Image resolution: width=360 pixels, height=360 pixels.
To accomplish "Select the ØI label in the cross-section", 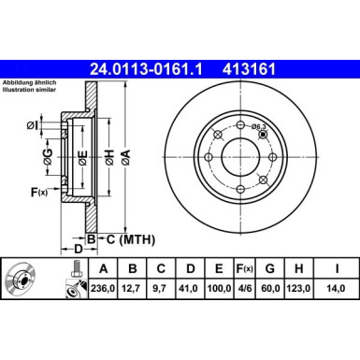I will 32,124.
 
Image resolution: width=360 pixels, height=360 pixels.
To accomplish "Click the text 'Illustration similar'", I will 29,93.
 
